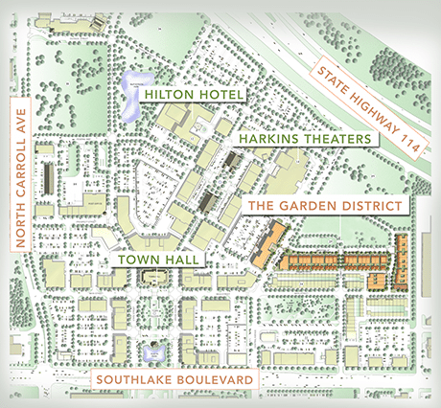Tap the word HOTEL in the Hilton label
(220, 95)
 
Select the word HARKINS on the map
(263, 139)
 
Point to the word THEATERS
(332, 139)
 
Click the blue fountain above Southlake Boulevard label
(151, 354)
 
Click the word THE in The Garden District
(264, 206)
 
